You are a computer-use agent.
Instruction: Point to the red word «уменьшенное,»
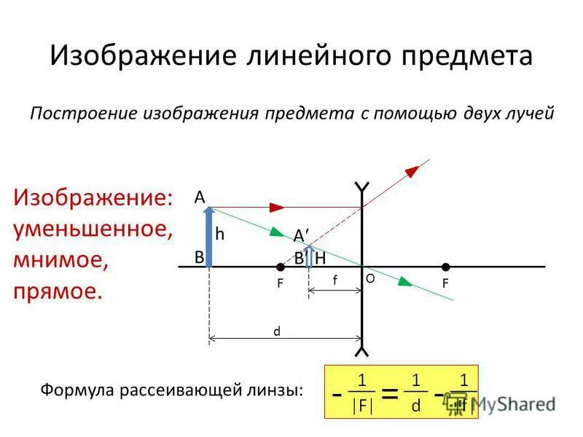click(x=93, y=229)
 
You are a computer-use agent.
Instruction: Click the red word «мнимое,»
click(x=60, y=260)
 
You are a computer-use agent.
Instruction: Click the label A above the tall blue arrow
click(x=199, y=197)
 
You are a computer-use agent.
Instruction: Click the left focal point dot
click(x=281, y=267)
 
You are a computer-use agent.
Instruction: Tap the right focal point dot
click(x=445, y=267)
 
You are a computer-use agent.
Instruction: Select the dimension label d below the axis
click(x=277, y=331)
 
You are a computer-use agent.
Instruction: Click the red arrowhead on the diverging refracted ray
click(x=412, y=170)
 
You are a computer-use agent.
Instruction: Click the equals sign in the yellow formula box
click(x=391, y=394)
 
